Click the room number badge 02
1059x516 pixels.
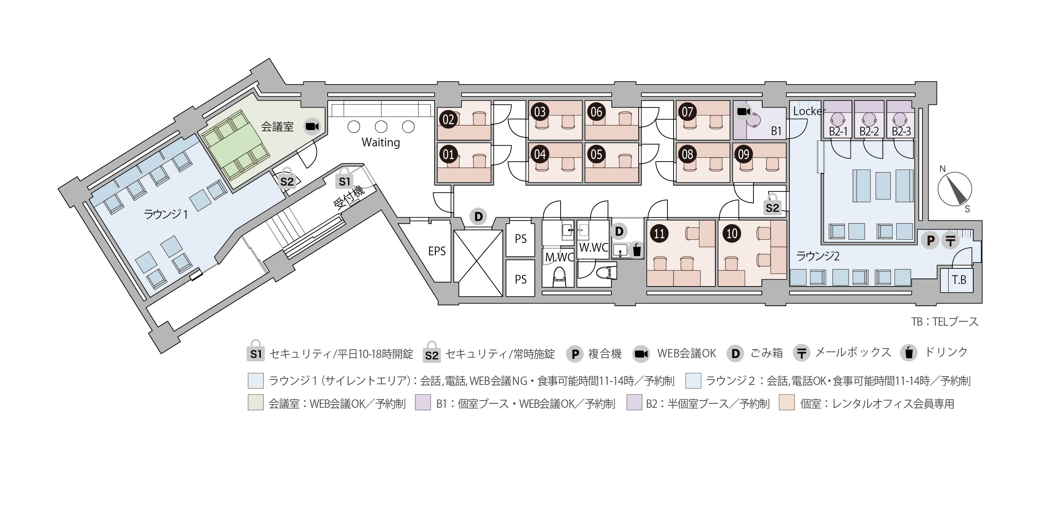click(448, 119)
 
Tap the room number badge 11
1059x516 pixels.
click(659, 233)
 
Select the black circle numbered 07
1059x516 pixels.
click(687, 112)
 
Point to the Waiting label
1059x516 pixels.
click(380, 143)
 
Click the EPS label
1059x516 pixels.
click(437, 251)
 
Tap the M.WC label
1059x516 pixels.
click(559, 257)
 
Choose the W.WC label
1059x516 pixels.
click(593, 248)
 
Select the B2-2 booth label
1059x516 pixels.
click(869, 131)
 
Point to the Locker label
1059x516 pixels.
click(809, 111)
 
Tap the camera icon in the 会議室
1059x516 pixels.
click(312, 126)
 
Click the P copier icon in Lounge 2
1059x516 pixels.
click(930, 240)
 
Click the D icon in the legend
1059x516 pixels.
click(735, 353)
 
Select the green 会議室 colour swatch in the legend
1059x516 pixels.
click(255, 403)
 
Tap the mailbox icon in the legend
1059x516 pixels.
click(801, 353)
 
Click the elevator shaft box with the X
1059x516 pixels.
click(478, 263)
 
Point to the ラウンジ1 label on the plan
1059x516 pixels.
click(165, 214)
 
